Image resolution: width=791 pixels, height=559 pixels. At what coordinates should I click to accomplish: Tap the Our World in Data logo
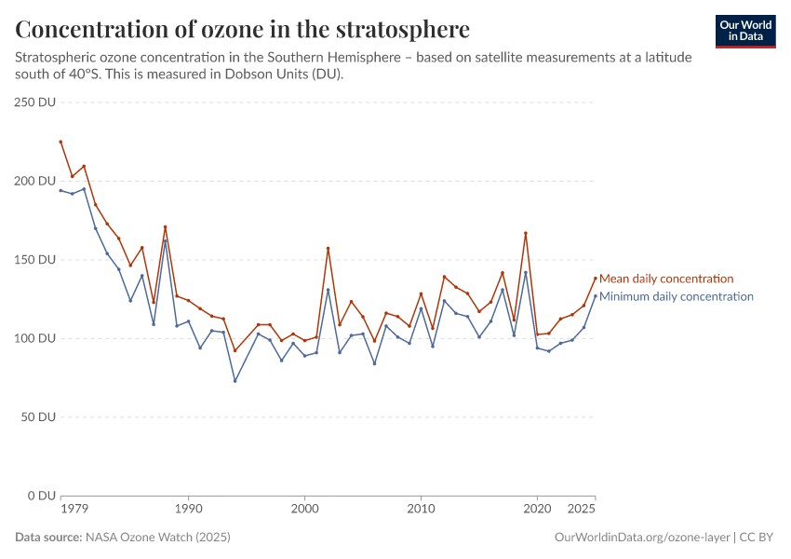point(745,31)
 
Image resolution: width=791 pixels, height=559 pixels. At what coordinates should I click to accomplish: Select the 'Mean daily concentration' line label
point(666,279)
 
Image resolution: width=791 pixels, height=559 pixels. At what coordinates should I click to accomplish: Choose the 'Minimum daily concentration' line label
point(676,296)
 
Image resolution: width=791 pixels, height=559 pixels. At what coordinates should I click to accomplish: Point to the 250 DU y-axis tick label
point(35,102)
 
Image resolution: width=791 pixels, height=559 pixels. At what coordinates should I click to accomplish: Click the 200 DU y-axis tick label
point(35,181)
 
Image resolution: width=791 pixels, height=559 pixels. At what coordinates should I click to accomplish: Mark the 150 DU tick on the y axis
point(35,259)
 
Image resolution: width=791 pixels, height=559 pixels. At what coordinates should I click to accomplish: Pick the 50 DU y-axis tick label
point(38,416)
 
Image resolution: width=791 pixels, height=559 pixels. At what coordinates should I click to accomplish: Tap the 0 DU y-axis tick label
point(42,496)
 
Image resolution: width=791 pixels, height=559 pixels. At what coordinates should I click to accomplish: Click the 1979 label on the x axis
point(60,510)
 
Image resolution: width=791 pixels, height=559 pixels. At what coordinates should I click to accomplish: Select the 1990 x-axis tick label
point(189,510)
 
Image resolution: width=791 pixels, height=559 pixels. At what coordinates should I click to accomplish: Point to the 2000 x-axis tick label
point(305,510)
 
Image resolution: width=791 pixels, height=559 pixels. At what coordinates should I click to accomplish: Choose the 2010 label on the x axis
point(422,510)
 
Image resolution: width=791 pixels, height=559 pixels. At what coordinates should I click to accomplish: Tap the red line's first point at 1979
point(60,142)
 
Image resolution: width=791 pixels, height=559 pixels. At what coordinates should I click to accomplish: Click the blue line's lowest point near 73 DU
point(235,380)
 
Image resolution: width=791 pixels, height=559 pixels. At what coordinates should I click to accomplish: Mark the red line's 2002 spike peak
point(328,248)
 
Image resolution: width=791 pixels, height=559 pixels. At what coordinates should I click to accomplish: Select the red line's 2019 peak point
point(526,233)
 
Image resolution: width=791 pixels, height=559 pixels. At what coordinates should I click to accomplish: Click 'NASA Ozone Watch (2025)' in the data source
point(158,538)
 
